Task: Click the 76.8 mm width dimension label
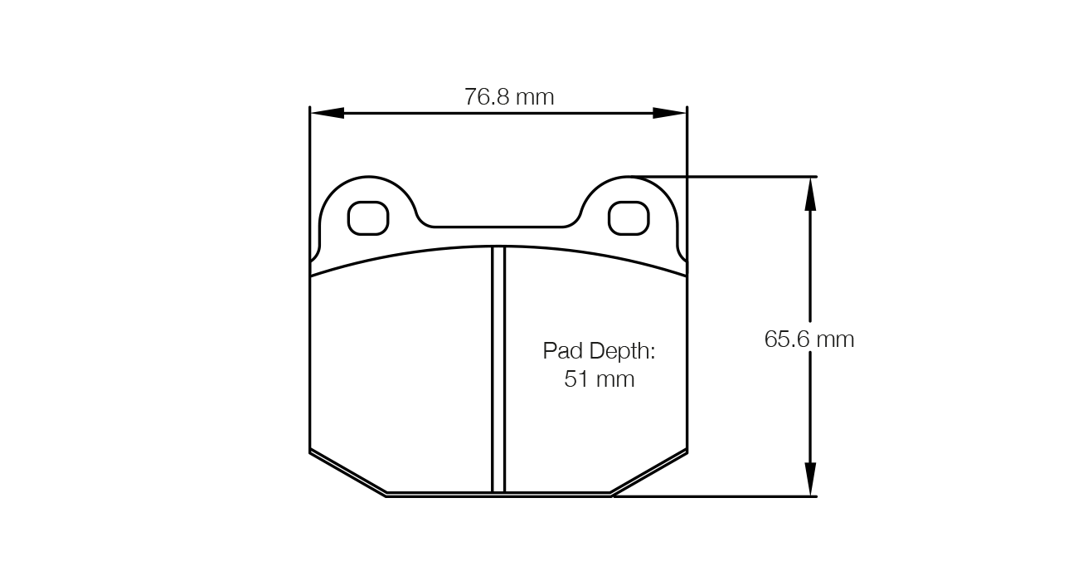[509, 97]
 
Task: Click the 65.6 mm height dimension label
[808, 339]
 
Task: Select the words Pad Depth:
[599, 350]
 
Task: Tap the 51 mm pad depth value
[599, 379]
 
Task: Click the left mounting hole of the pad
[368, 218]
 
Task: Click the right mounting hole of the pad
[629, 218]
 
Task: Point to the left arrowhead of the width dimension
[327, 113]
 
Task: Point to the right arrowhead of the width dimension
[669, 113]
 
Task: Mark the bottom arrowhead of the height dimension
[810, 480]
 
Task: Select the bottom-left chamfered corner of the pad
[347, 474]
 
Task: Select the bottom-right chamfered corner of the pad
[649, 474]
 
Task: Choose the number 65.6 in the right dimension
[786, 339]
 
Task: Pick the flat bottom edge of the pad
[498, 495]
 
